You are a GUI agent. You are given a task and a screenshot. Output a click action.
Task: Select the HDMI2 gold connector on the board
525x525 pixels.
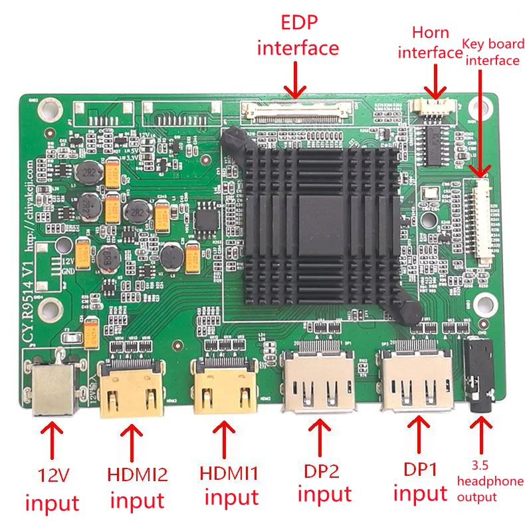pos(132,391)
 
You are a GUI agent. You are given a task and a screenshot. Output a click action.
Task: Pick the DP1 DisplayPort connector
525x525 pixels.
pos(416,381)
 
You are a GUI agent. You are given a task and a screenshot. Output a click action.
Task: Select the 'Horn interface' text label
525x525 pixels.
pos(431,43)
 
